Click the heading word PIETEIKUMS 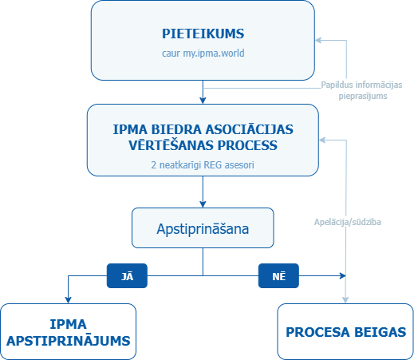[203, 34]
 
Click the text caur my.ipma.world [203, 54]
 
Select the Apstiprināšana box [203, 227]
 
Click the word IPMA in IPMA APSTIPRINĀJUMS [69, 325]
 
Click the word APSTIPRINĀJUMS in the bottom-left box [69, 340]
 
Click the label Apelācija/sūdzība [348, 222]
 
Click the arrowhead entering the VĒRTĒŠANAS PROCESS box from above [203, 101]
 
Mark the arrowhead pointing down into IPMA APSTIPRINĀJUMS [69, 299]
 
